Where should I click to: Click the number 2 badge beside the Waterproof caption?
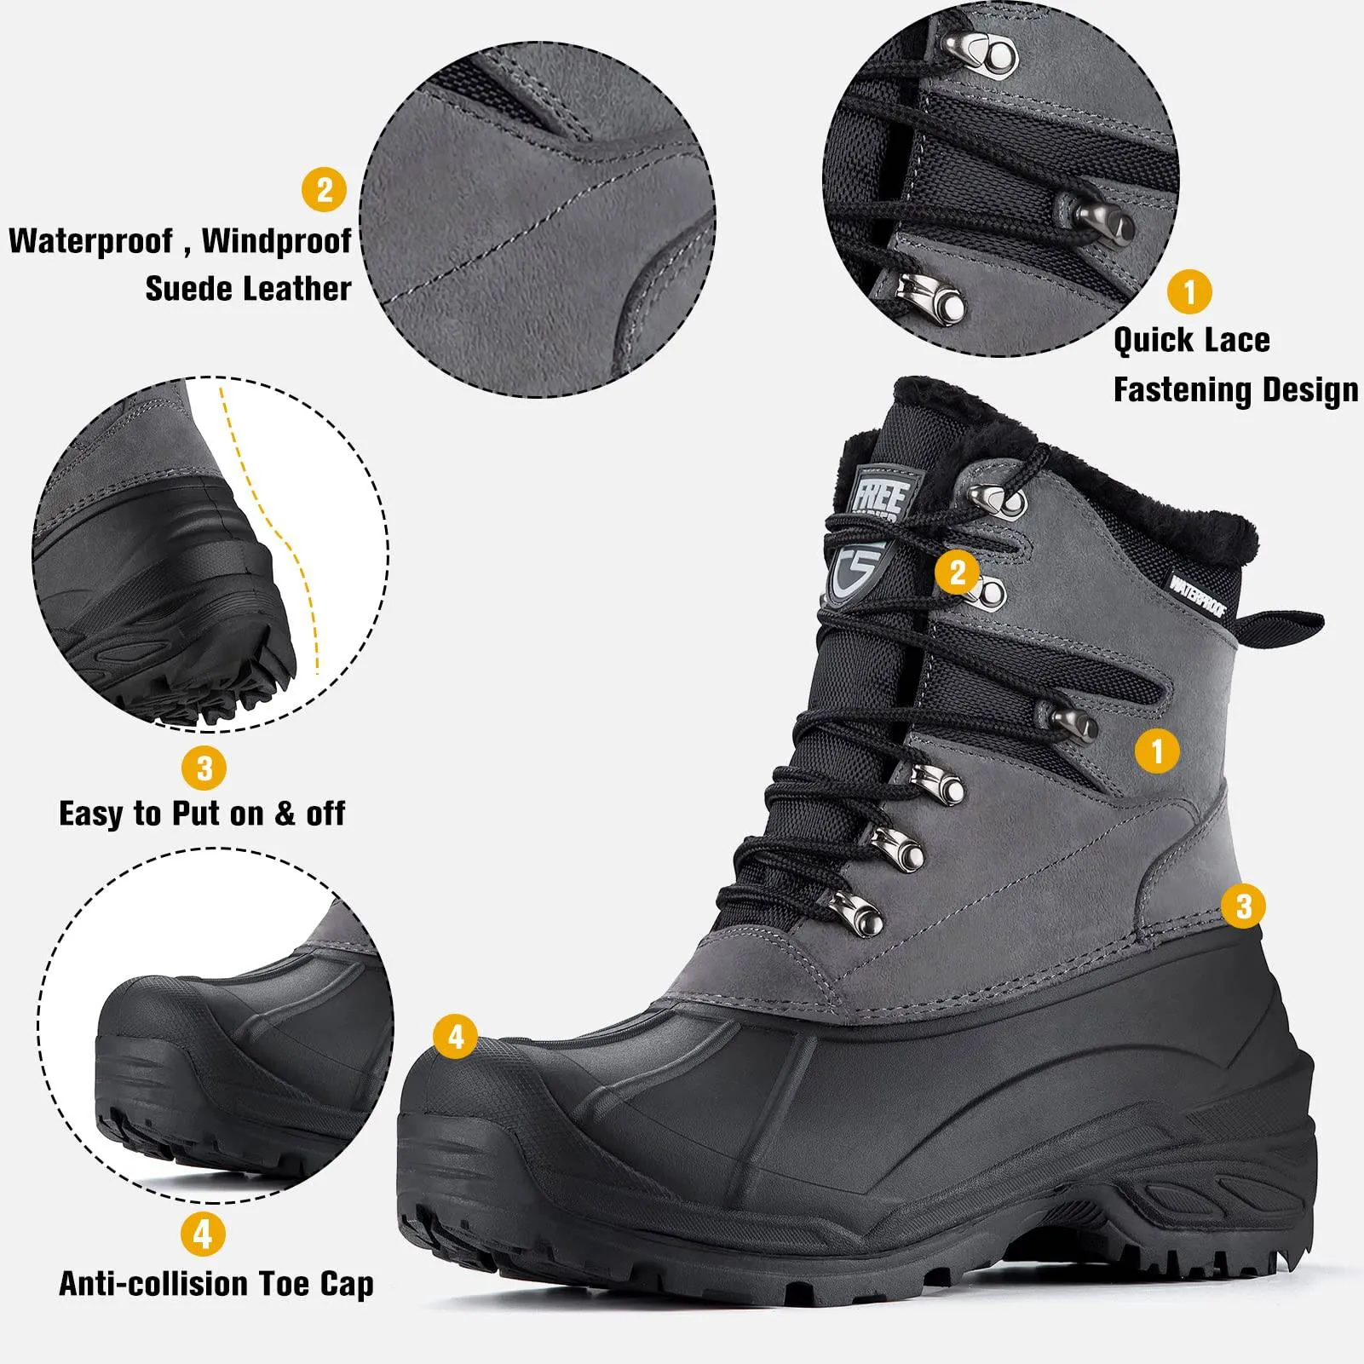point(325,189)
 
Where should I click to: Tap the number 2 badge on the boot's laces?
point(957,572)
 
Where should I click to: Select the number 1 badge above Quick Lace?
point(1189,291)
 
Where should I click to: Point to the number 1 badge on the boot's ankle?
point(1156,751)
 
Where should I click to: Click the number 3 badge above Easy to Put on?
point(204,768)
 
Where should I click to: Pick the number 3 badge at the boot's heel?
point(1243,905)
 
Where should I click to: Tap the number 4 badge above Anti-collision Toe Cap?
point(203,1233)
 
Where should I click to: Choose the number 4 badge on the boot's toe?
point(456,1037)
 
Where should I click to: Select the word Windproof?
point(276,241)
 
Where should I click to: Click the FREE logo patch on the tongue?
point(877,495)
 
